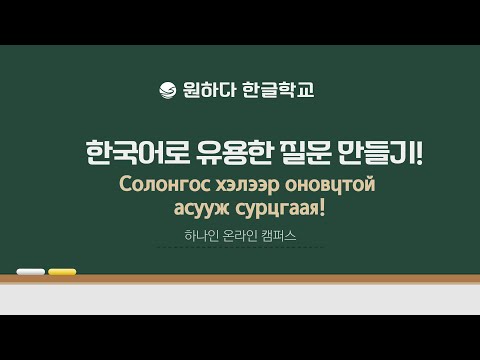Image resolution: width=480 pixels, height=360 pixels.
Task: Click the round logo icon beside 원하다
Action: (x=167, y=91)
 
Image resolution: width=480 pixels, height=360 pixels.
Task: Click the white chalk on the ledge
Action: (x=31, y=271)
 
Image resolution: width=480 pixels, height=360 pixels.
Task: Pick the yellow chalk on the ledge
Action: (x=62, y=271)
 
